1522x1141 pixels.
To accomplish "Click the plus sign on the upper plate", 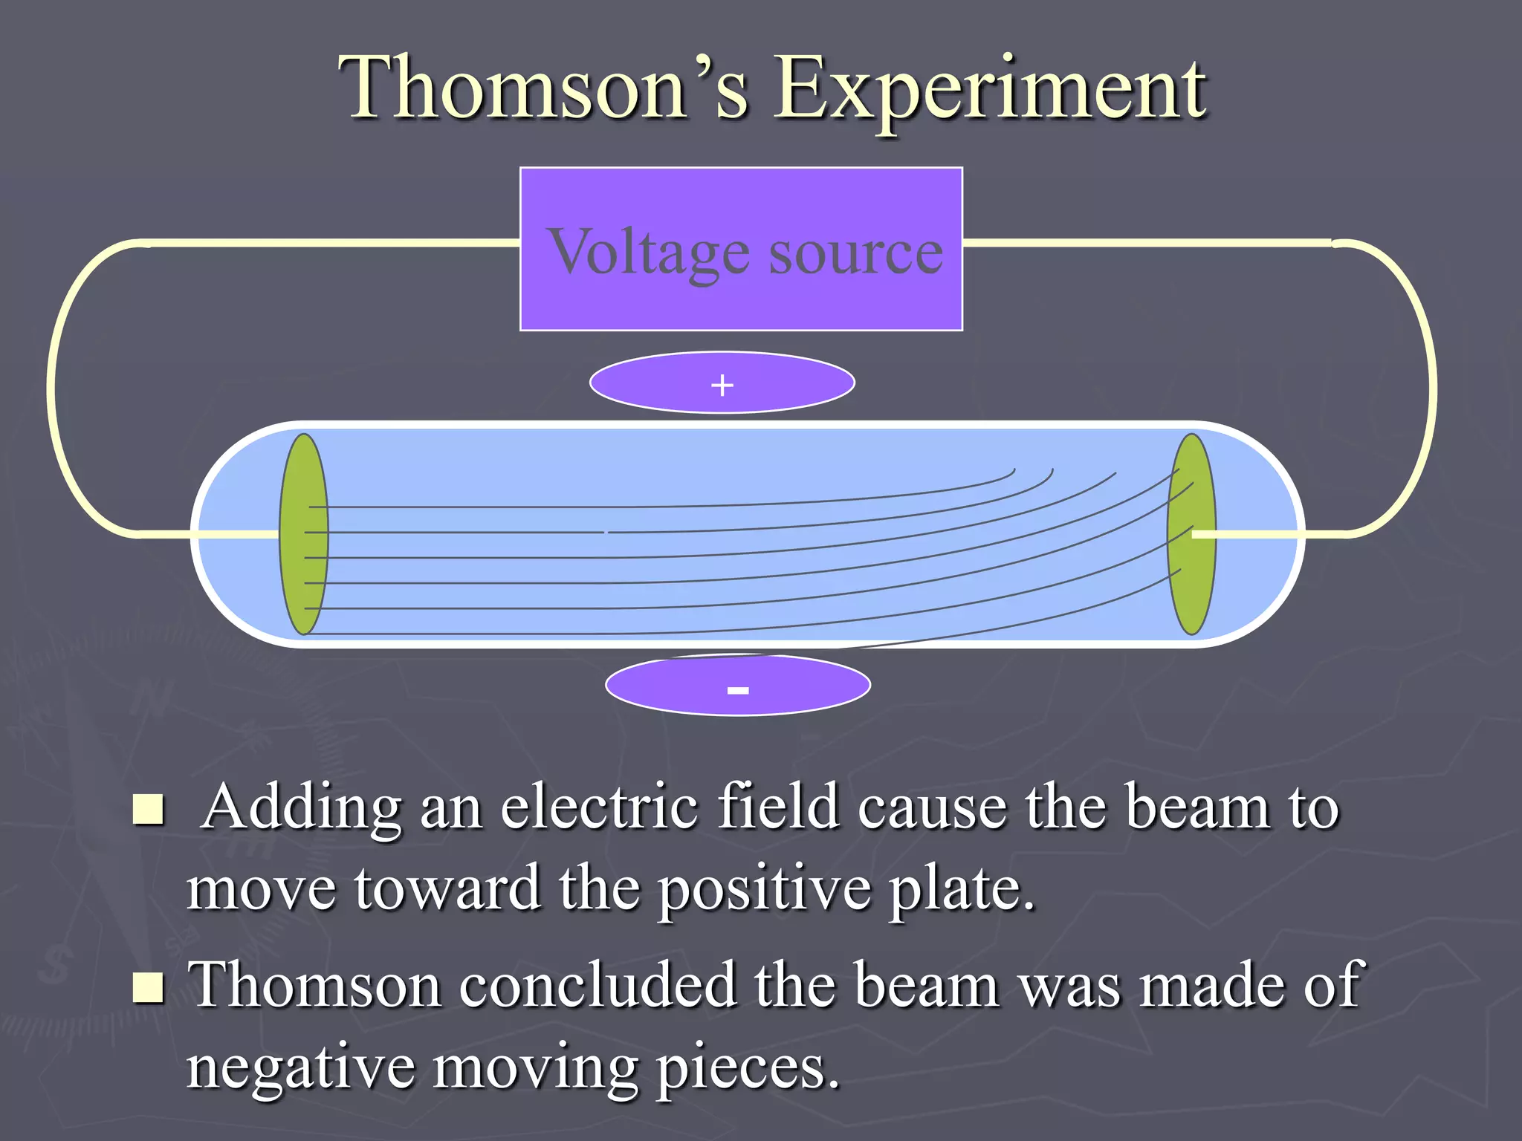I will [x=722, y=385].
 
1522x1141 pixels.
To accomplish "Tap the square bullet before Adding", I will [x=148, y=810].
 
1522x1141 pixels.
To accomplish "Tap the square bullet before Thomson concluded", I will [x=148, y=987].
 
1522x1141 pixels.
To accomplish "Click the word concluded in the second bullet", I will [x=598, y=985].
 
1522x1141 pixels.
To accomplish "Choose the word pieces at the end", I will [x=748, y=1070].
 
